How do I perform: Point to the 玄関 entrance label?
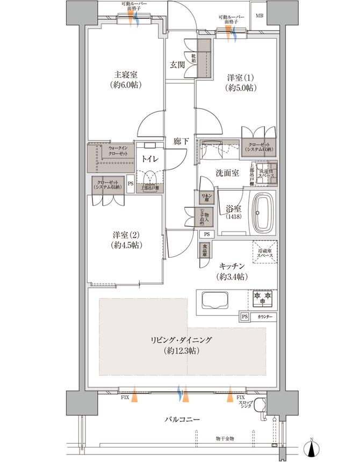pos(178,64)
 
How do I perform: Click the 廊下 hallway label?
pos(181,141)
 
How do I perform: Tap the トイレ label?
pos(149,158)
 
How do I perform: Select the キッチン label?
pos(232,266)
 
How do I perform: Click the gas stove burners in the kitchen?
pos(262,297)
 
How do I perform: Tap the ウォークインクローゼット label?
pos(117,150)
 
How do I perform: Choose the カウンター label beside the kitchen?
pos(265,317)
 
